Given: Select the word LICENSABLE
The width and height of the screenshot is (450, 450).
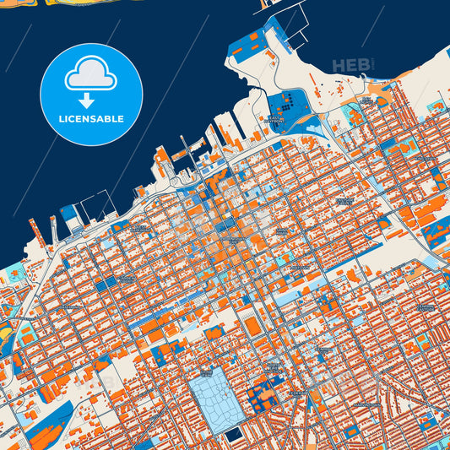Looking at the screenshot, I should (90, 119).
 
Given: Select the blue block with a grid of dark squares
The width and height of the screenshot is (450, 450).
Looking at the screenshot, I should (288, 108).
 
